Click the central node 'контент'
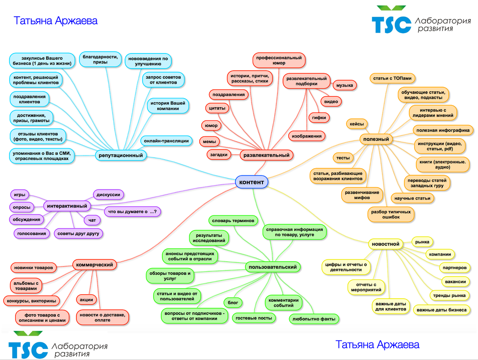coord(251,182)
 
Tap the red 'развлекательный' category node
coord(266,155)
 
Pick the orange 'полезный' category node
coord(376,139)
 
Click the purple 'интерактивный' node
coord(67,206)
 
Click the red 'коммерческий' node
coord(94,264)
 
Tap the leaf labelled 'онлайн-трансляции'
coord(166,140)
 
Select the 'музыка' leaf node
coord(345,85)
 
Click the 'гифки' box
coord(319,118)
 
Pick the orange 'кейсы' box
coord(357,124)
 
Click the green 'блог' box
coord(233,303)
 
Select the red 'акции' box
coord(86,299)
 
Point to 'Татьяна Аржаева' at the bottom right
coord(377,344)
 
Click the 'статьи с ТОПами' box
coord(393,78)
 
